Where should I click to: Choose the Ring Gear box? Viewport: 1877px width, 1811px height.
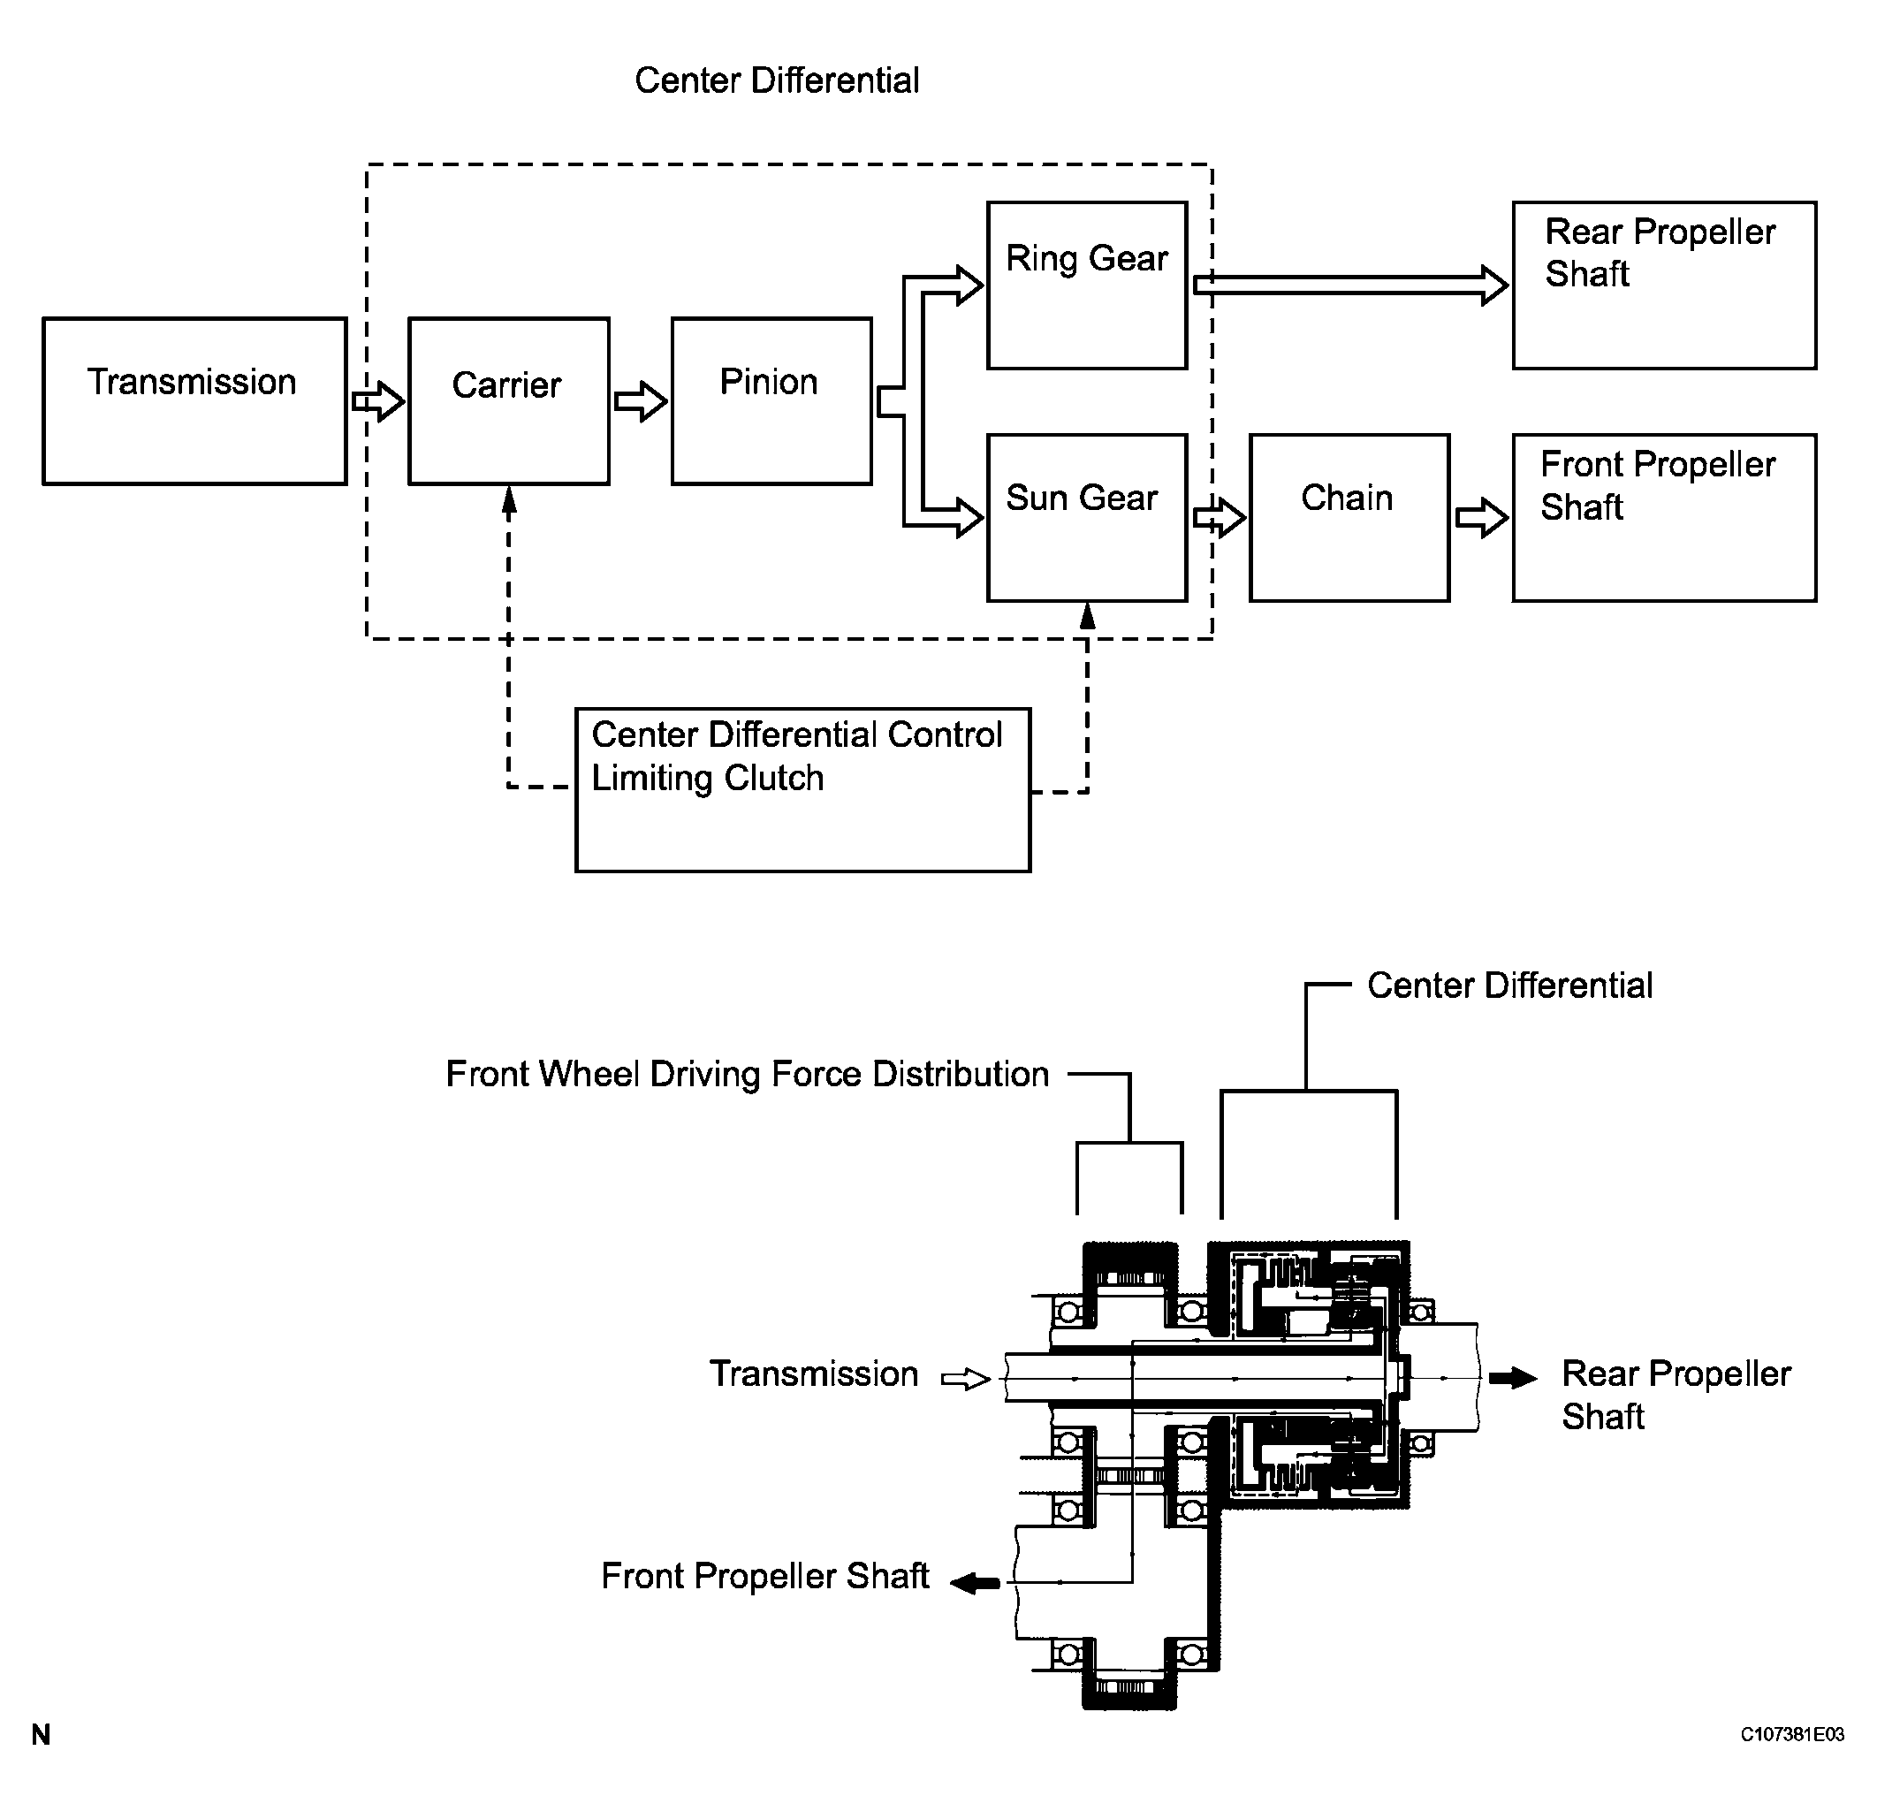1087,285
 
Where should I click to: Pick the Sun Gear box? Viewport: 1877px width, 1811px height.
1087,517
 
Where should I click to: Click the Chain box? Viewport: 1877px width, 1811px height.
1349,517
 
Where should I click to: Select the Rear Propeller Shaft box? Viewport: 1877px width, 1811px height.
1663,285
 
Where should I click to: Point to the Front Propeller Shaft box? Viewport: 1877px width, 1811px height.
1663,517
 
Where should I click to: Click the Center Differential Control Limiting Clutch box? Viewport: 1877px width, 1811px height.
802,789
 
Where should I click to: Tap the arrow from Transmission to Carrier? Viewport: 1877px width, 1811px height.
378,401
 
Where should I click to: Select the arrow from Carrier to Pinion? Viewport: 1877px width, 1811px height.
641,401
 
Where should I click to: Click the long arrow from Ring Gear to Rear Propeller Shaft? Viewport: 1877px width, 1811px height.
1350,285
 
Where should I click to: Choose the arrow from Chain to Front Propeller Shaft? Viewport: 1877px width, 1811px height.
1481,518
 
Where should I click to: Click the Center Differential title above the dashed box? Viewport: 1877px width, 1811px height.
777,80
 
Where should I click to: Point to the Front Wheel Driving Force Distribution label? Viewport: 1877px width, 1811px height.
747,1074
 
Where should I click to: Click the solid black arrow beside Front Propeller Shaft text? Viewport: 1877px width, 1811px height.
976,1583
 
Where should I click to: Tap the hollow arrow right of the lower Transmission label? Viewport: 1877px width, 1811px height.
965,1379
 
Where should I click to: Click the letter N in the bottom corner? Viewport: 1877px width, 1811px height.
42,1734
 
